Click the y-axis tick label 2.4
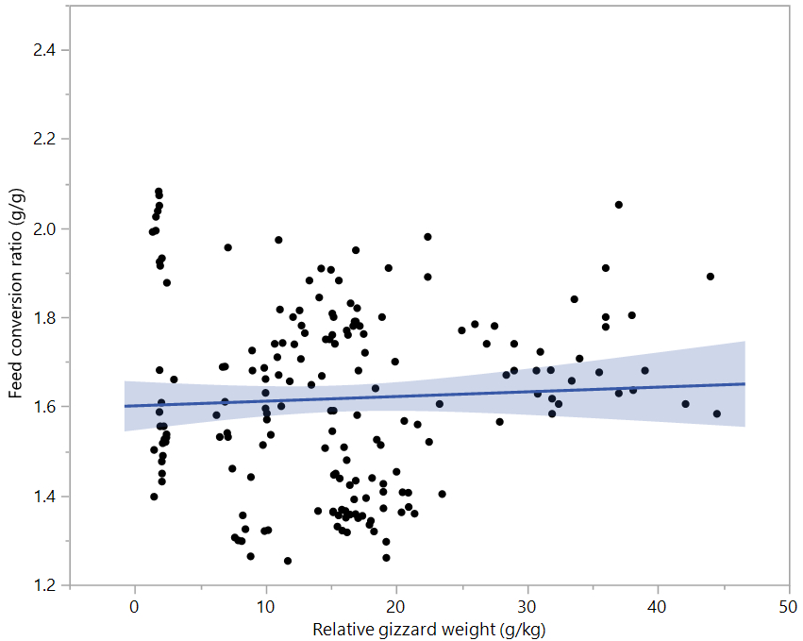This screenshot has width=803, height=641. click(x=44, y=50)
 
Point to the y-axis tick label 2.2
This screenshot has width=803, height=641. click(x=44, y=140)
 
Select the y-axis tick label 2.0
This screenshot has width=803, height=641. click(x=44, y=229)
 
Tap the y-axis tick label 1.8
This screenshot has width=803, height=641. click(x=44, y=318)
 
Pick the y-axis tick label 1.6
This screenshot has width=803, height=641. click(x=44, y=407)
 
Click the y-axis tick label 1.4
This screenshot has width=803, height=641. click(x=44, y=497)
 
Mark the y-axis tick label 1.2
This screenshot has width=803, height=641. click(x=44, y=585)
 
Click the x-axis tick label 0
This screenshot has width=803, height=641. click(x=135, y=605)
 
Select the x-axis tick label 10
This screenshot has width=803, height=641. click(x=266, y=605)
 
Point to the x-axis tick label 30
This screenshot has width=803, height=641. click(x=527, y=605)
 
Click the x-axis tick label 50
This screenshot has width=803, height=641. click(x=789, y=605)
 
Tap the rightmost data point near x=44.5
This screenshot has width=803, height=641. click(x=717, y=413)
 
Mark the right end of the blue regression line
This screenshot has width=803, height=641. click(x=745, y=383)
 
